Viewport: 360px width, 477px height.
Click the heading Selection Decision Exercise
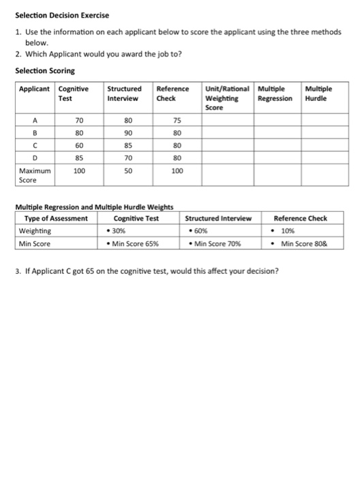coord(62,15)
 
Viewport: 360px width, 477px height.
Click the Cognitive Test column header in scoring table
coord(74,93)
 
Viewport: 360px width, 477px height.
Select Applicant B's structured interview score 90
coord(127,132)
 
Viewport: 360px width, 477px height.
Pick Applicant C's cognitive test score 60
coord(78,145)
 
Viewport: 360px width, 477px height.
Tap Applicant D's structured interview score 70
coord(127,158)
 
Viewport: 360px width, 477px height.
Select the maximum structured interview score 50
coord(127,171)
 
